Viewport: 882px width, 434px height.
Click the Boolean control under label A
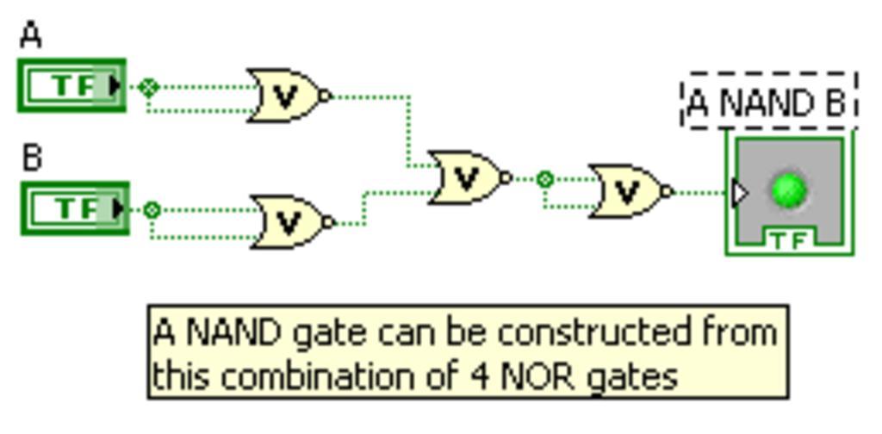[71, 85]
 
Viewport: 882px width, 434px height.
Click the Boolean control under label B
[73, 208]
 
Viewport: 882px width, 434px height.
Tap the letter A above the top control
[30, 36]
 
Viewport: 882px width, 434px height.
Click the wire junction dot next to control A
[149, 87]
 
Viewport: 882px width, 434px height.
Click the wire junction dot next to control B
[152, 209]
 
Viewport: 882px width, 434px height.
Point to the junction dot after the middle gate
[544, 179]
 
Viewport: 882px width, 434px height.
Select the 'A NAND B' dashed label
[769, 102]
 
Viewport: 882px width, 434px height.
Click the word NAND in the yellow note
[235, 332]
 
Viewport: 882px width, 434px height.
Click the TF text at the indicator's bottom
[788, 239]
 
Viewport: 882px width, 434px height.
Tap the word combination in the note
[326, 376]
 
